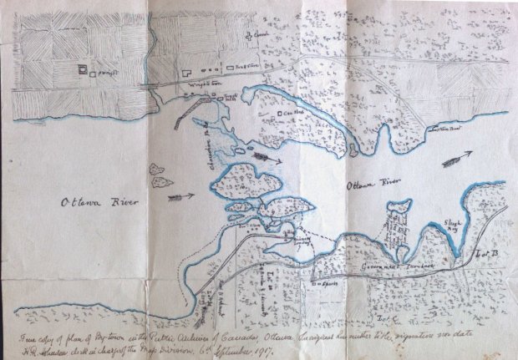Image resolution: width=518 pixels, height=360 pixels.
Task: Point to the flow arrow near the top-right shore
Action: click(x=459, y=157)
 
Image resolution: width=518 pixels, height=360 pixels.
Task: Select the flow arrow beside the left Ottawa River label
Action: click(x=181, y=197)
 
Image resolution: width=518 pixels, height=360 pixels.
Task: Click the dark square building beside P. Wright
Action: click(x=82, y=69)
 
